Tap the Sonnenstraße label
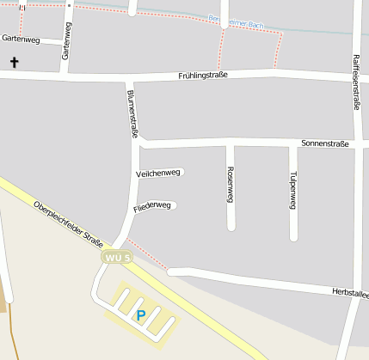coord(325,143)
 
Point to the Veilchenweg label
coord(158,174)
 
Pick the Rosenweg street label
coord(231,184)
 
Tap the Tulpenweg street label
coord(293,190)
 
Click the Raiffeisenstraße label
coord(356,82)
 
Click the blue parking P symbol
coord(141,315)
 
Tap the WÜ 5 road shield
coord(117,257)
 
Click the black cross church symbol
coord(14,62)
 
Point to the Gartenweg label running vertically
coord(65,41)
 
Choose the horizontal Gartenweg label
coord(21,39)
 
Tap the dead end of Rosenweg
coord(231,227)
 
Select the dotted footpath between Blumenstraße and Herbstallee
coord(148,254)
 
